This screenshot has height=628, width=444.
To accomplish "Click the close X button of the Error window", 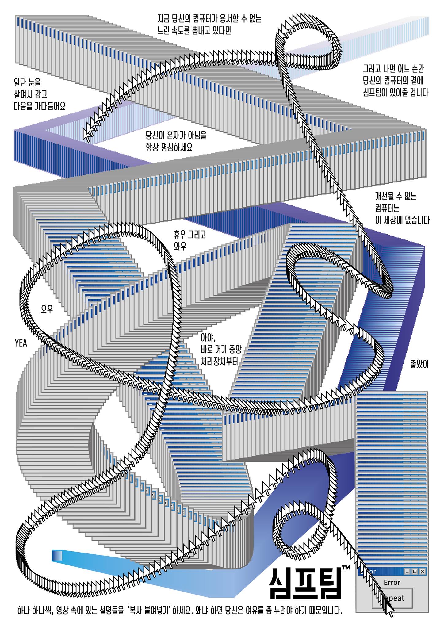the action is tap(423, 572).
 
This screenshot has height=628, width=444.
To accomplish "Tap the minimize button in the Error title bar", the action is tap(408, 572).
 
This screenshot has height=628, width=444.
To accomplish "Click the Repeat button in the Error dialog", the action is tap(392, 598).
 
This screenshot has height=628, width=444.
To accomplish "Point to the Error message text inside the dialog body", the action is tap(392, 582).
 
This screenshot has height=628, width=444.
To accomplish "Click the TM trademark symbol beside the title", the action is tap(346, 568).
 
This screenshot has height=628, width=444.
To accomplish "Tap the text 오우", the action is tap(47, 309).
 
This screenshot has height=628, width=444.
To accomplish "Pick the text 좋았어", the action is tap(419, 364).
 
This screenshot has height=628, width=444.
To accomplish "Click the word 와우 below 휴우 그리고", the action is tap(180, 246).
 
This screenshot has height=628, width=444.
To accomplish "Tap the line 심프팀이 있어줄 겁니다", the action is tap(396, 93).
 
